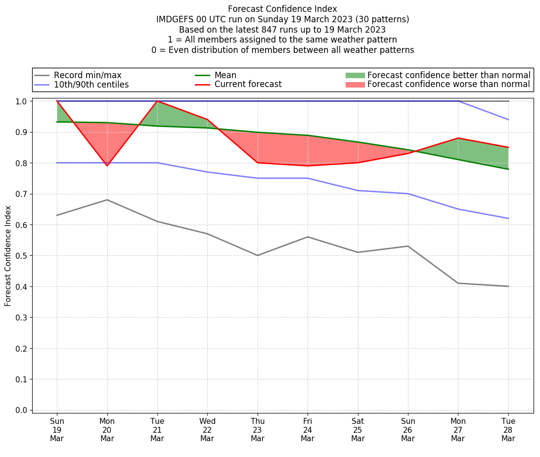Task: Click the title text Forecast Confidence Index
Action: pyautogui.click(x=282, y=9)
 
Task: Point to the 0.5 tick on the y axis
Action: pyautogui.click(x=22, y=256)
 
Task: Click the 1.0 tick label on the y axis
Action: pyautogui.click(x=22, y=101)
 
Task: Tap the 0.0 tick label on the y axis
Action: pyautogui.click(x=22, y=410)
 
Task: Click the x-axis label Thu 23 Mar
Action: pyautogui.click(x=258, y=429)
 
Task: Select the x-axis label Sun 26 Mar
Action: pyautogui.click(x=408, y=429)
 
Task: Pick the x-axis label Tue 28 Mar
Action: pyautogui.click(x=508, y=429)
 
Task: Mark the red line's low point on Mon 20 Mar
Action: pyautogui.click(x=107, y=166)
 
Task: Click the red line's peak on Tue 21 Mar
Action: pyautogui.click(x=157, y=101)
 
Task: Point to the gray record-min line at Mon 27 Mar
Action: pyautogui.click(x=458, y=283)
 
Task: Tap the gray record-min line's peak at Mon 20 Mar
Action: pyautogui.click(x=107, y=200)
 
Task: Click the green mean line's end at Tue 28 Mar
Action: pyautogui.click(x=508, y=169)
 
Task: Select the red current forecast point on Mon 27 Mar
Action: pyautogui.click(x=458, y=138)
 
